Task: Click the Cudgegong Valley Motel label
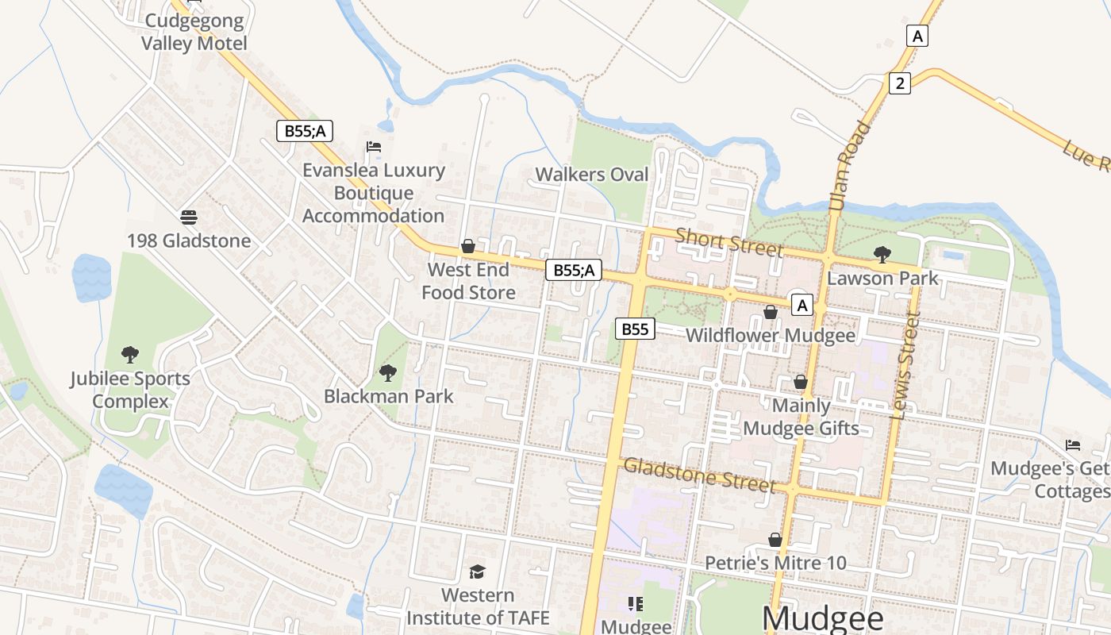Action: click(194, 32)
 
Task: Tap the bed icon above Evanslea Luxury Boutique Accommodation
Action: click(373, 147)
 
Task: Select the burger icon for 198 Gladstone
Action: click(188, 217)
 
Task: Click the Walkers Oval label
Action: click(591, 175)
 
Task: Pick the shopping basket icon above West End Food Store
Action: click(468, 247)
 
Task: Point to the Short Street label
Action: click(728, 242)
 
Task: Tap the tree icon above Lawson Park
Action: click(882, 254)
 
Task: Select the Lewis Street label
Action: click(905, 366)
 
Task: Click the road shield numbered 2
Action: click(899, 83)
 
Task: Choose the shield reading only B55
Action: click(635, 329)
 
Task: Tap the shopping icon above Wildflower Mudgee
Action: click(770, 312)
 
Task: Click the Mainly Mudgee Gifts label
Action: click(801, 418)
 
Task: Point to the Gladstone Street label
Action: click(699, 474)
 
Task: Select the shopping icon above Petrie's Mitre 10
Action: click(775, 541)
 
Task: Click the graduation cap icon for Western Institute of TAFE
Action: click(477, 571)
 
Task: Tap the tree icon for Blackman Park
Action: click(388, 372)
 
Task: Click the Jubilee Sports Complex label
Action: click(130, 390)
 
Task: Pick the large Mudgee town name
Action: click(822, 618)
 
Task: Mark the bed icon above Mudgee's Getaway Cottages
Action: click(1073, 445)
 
